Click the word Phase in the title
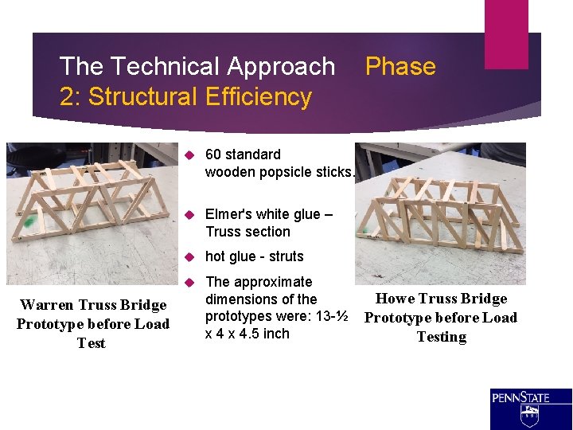pos(400,67)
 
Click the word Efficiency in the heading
pos(258,97)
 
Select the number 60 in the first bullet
pos(213,154)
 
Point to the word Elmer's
pos(230,215)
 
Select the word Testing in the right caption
pos(441,337)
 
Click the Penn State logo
pos(531,408)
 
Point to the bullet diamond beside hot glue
pos(189,257)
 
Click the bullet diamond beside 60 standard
pos(189,154)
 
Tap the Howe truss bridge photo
pos(440,213)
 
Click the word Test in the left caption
pos(92,343)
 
